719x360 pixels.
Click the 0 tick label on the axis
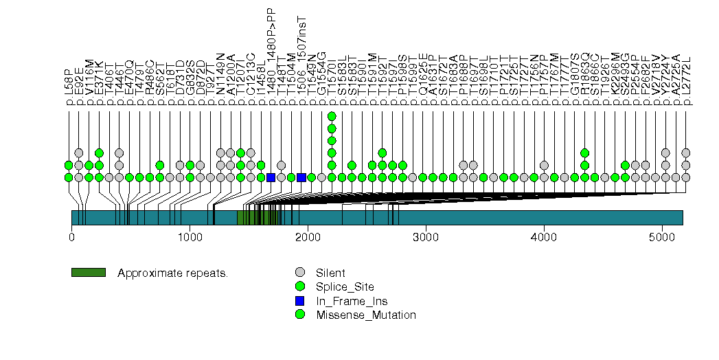coord(71,238)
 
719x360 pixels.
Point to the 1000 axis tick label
coord(190,238)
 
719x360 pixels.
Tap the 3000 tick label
coord(426,238)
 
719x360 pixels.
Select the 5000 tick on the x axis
coord(662,238)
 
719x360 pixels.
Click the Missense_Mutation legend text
coord(366,315)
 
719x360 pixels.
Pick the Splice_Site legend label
coord(345,286)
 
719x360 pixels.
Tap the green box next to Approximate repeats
coord(88,273)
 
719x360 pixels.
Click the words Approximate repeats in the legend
coord(172,273)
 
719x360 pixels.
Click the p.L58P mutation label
coord(69,86)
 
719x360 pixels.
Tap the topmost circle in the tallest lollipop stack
coord(332,116)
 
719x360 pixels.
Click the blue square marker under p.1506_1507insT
coord(301,177)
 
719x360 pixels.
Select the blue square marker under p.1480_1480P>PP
coord(271,177)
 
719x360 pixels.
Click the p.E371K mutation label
coord(99,84)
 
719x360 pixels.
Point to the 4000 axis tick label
coord(544,238)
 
